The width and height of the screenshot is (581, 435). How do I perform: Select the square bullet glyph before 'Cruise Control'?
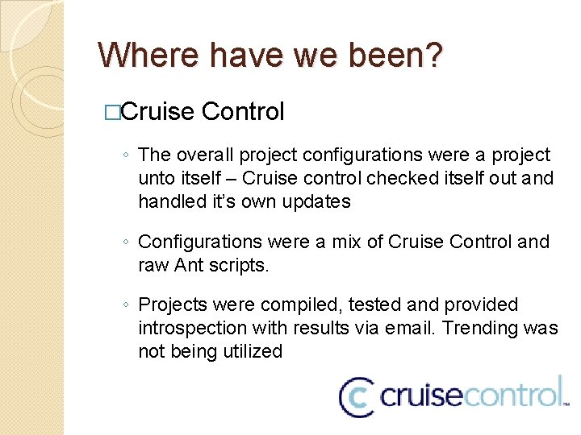[113, 113]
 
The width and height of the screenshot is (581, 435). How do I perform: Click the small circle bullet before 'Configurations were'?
[126, 242]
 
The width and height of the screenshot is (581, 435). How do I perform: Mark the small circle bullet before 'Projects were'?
[126, 305]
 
